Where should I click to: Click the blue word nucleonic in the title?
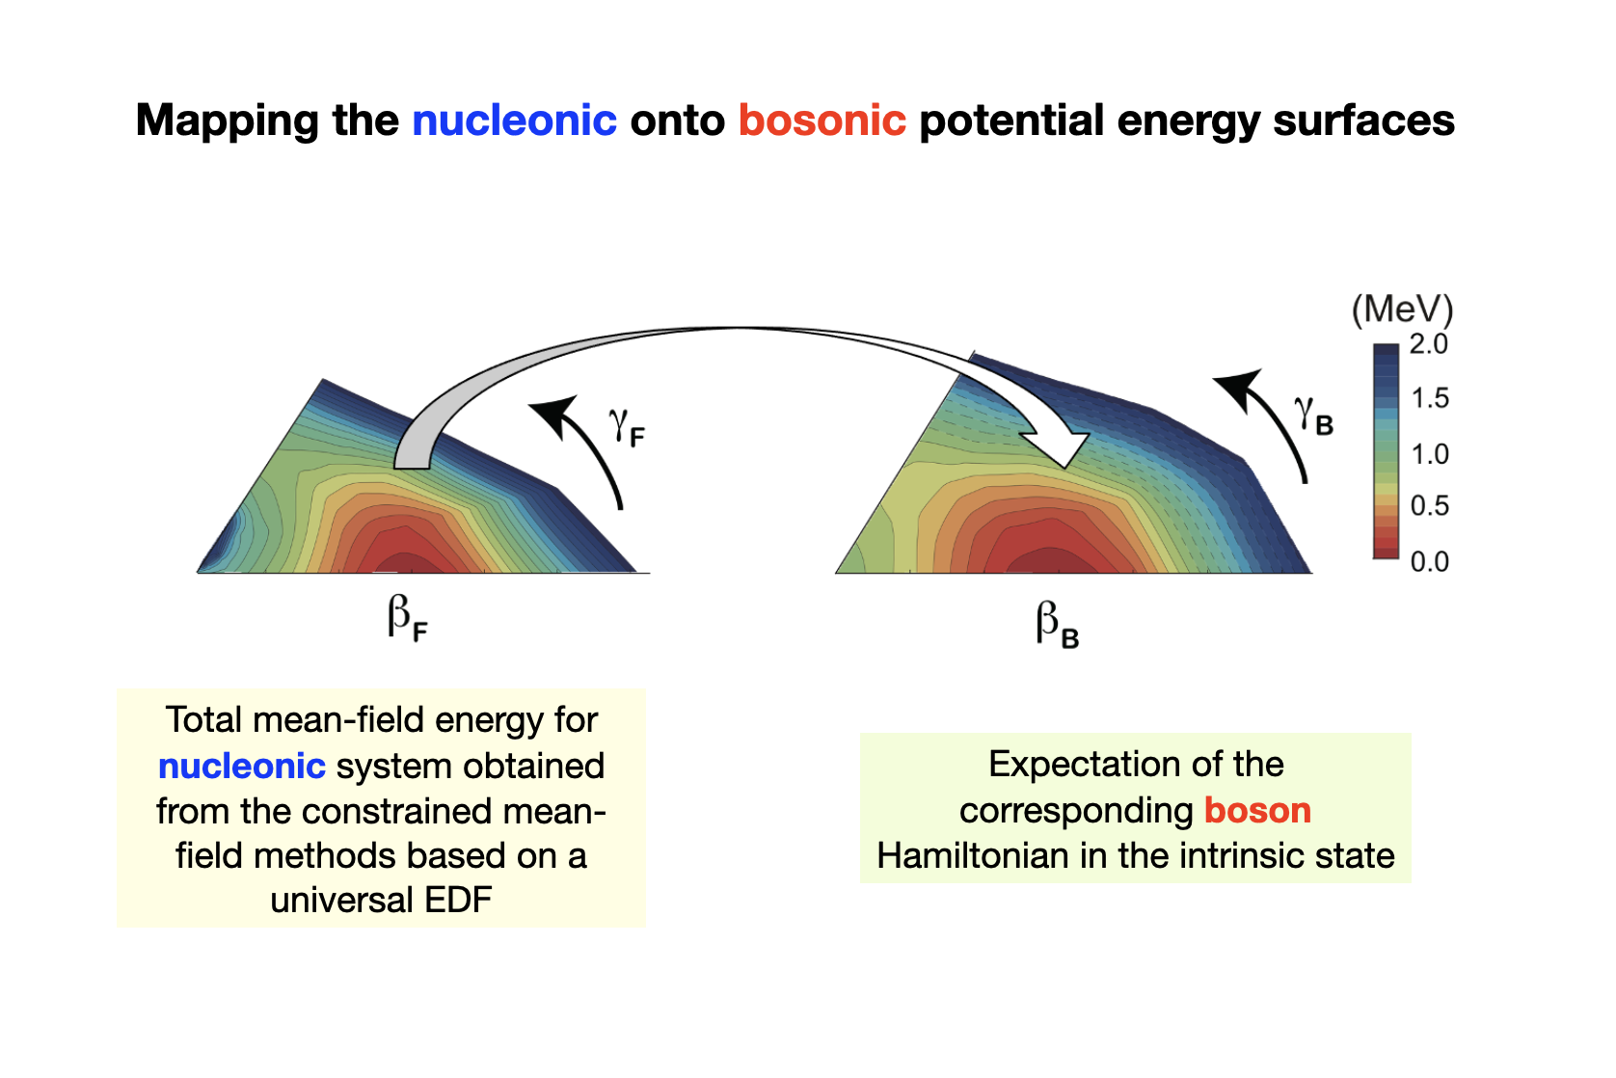[514, 120]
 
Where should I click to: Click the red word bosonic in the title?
[822, 120]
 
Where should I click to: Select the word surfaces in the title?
[1363, 120]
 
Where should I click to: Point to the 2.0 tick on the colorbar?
[1429, 344]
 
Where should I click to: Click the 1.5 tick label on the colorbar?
[1429, 398]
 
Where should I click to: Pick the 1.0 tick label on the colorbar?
[1429, 454]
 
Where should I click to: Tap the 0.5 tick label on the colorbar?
[1429, 506]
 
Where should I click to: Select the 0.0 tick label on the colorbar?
[1429, 562]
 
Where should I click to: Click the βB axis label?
[1057, 625]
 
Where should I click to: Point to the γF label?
[627, 427]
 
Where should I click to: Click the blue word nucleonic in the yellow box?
[242, 767]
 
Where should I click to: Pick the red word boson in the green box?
[1257, 811]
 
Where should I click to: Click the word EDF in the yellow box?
[458, 901]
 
